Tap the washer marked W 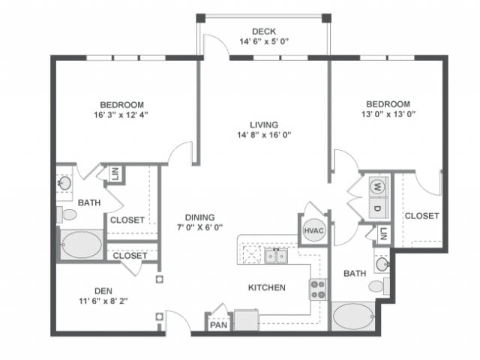click(x=378, y=185)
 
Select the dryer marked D click(x=378, y=207)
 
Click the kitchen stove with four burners click(x=318, y=288)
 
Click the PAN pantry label click(x=217, y=325)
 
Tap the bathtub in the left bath click(x=82, y=244)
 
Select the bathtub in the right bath click(x=355, y=315)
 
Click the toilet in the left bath click(x=68, y=214)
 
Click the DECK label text click(x=264, y=31)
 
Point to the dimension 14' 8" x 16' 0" click(x=264, y=136)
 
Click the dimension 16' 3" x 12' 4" click(x=122, y=115)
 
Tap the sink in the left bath click(x=64, y=182)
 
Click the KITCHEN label click(x=267, y=287)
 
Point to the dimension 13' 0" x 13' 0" click(x=388, y=115)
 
